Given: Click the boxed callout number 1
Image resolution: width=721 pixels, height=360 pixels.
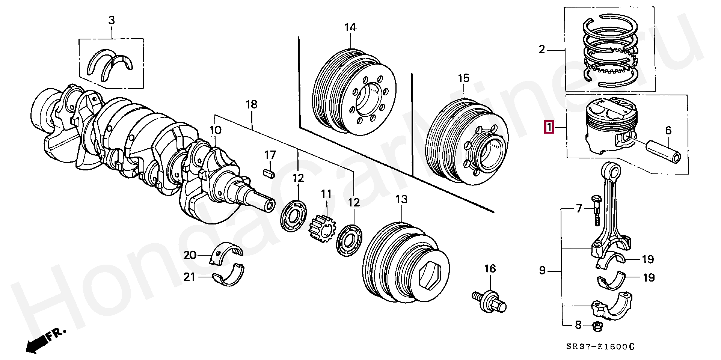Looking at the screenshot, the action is coord(549,128).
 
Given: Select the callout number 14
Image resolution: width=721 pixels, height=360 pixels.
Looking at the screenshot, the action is coord(350,27).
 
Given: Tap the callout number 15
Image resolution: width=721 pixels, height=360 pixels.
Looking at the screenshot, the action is coord(463,78).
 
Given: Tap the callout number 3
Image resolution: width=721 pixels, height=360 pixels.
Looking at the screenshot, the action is coord(112,21).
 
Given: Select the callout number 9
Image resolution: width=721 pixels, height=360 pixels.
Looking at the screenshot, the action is coord(542,270).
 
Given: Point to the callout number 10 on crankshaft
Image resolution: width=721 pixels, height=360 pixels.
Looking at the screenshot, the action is coord(215,130).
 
